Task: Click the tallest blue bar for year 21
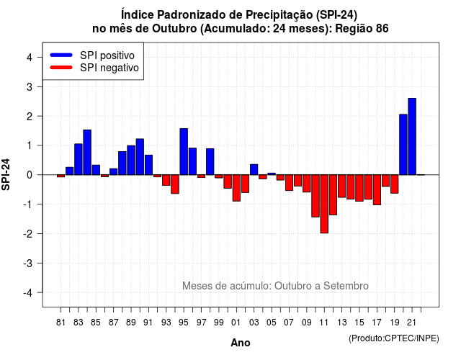[412, 136]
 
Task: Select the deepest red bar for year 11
[324, 204]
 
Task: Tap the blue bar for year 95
[184, 152]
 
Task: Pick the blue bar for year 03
[254, 170]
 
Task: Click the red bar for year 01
[236, 188]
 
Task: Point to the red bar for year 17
[377, 189]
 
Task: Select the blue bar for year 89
[131, 160]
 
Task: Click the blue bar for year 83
[79, 159]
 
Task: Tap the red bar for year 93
[166, 180]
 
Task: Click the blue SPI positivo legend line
[61, 55]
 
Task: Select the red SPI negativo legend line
[61, 68]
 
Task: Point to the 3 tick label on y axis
[30, 87]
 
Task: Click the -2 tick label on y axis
[28, 234]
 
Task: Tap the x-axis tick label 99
[219, 323]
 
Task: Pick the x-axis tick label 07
[289, 323]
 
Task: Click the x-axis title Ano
[241, 343]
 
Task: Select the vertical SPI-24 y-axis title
[6, 174]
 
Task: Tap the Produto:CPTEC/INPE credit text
[394, 338]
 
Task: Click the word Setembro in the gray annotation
[346, 286]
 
